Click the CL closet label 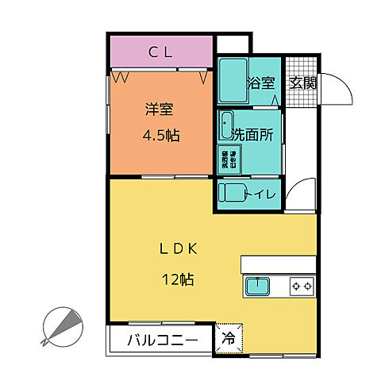[x=162, y=53]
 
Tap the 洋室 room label [x=160, y=110]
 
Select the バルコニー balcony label [x=164, y=341]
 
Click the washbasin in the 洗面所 [x=227, y=125]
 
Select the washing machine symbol [x=226, y=159]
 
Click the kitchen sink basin [x=258, y=285]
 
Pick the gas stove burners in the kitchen [x=302, y=285]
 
